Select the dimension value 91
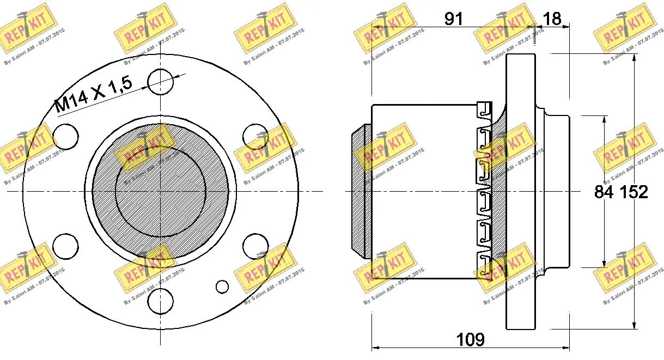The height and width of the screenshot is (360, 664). coord(453,19)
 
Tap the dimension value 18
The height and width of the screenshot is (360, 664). coord(552,19)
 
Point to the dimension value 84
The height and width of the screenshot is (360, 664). coord(604,192)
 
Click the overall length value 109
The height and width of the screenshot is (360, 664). coord(470,340)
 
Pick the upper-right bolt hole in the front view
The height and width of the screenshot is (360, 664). coord(254,136)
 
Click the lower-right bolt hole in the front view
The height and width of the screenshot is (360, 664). coord(254,246)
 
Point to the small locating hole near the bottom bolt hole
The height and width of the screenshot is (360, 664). coord(222,286)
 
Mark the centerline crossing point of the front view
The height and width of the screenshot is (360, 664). coord(161,191)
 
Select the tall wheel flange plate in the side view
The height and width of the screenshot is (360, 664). coord(520,191)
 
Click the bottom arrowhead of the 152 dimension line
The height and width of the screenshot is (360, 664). coord(635,325)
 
